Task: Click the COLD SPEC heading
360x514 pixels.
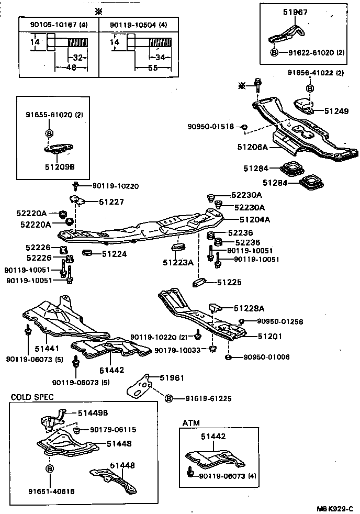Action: pyautogui.click(x=32, y=397)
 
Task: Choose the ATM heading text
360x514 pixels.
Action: pyautogui.click(x=191, y=422)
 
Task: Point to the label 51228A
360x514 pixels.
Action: pyautogui.click(x=250, y=308)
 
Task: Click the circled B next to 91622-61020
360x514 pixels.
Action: pyautogui.click(x=274, y=52)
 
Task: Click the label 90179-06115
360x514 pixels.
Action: pyautogui.click(x=113, y=430)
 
